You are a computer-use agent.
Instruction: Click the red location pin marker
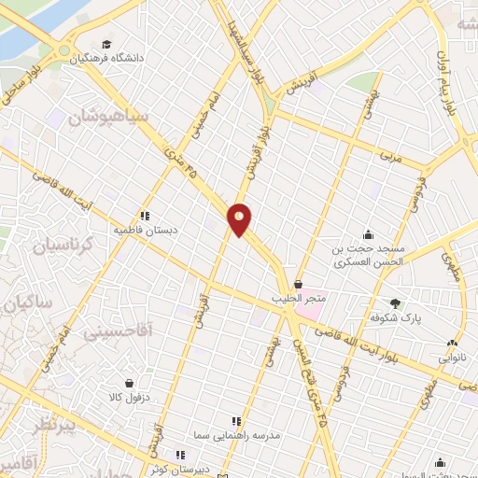click(x=240, y=218)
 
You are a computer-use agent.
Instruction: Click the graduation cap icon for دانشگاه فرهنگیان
click(x=107, y=44)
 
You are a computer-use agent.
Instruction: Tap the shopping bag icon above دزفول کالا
click(x=128, y=382)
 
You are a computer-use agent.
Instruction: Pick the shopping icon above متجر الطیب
click(x=298, y=285)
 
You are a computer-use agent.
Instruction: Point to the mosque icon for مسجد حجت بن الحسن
click(x=370, y=234)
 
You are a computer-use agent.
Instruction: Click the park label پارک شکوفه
click(x=401, y=317)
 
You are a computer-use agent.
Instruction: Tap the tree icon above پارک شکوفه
click(x=396, y=302)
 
